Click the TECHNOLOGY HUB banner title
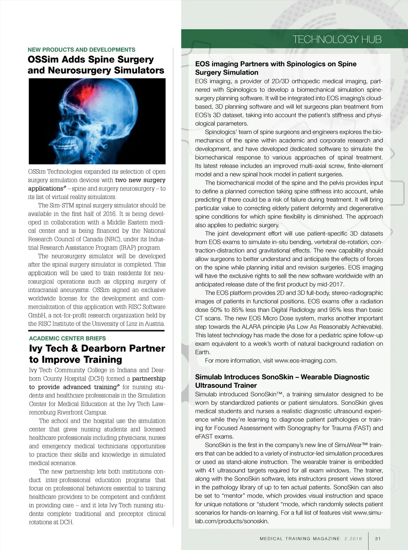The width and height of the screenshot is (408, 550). (337, 39)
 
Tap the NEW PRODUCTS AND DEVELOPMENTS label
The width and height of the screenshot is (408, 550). (81, 50)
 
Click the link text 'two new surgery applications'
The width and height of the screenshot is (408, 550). (140, 180)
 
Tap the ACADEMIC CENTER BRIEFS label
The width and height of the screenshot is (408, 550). (67, 338)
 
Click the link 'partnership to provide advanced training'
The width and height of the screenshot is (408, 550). (149, 378)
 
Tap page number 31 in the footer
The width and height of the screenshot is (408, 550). (378, 539)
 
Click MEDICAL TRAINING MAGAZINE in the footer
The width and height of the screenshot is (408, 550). (300, 539)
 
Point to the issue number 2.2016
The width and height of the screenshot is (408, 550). (353, 539)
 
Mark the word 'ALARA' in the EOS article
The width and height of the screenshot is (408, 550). (251, 327)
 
